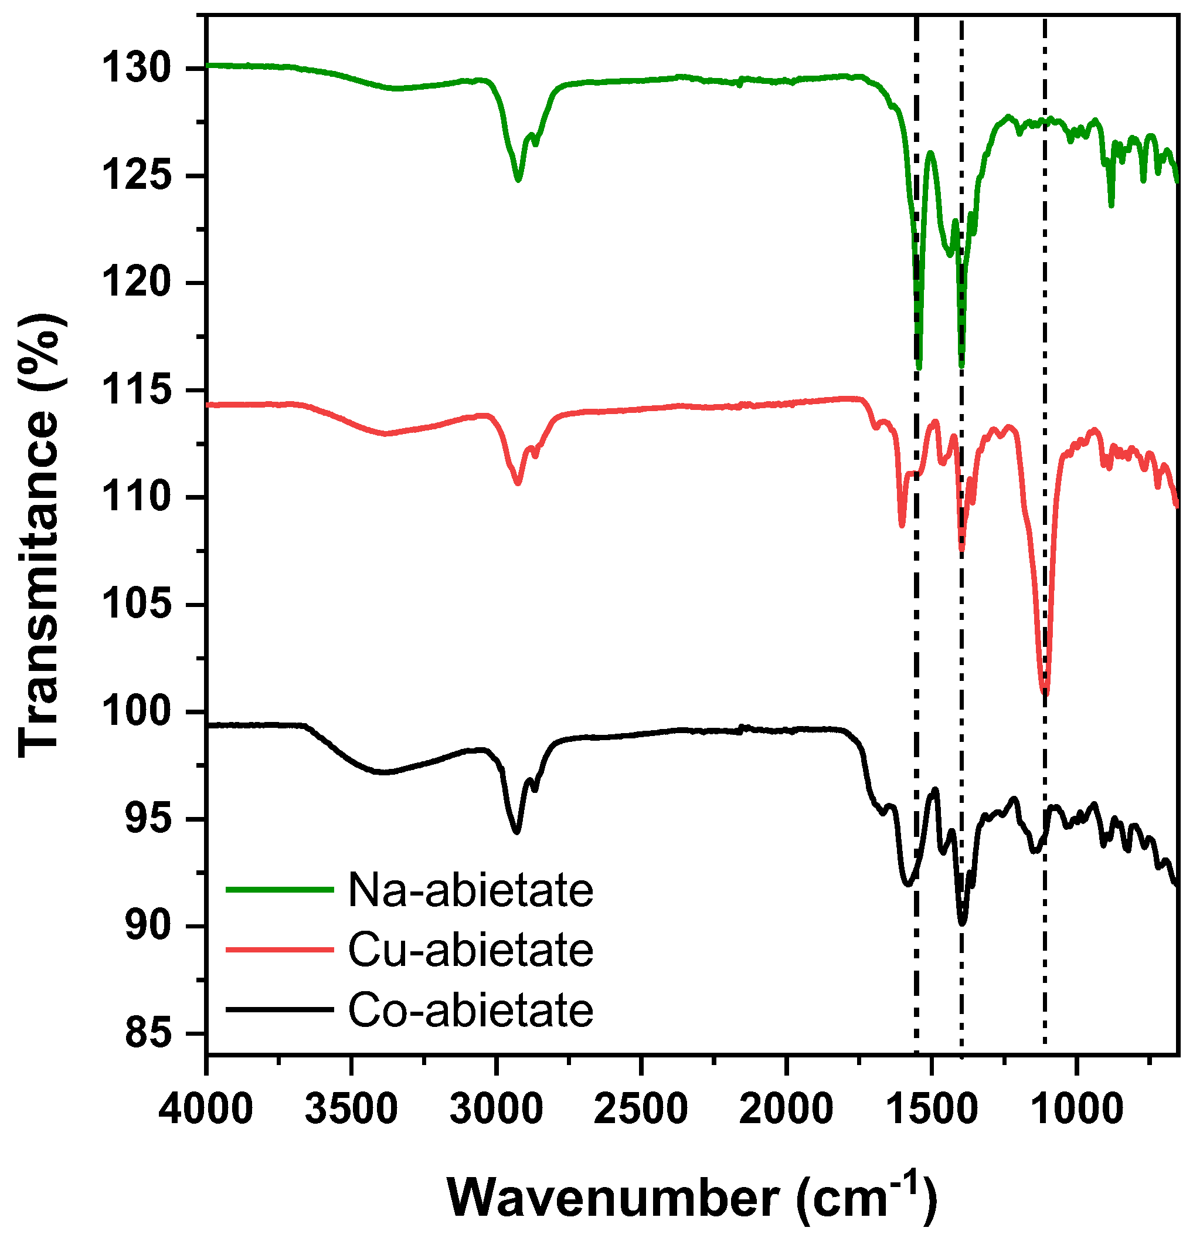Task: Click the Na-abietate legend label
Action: tap(470, 891)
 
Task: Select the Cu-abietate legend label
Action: tap(470, 950)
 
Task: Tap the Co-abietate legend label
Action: tap(470, 1009)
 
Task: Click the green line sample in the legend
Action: tap(279, 890)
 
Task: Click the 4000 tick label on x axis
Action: tap(206, 1110)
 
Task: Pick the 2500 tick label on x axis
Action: tap(641, 1110)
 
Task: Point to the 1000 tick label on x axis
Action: tap(1076, 1110)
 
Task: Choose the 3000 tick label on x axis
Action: tap(496, 1110)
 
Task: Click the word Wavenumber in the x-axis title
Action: tap(613, 1198)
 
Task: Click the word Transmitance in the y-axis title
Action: tap(39, 582)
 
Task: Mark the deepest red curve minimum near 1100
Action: tap(1045, 693)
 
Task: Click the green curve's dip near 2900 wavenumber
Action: tap(518, 180)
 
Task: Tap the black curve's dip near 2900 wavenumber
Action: tap(516, 832)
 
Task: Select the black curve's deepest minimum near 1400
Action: tap(962, 923)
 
